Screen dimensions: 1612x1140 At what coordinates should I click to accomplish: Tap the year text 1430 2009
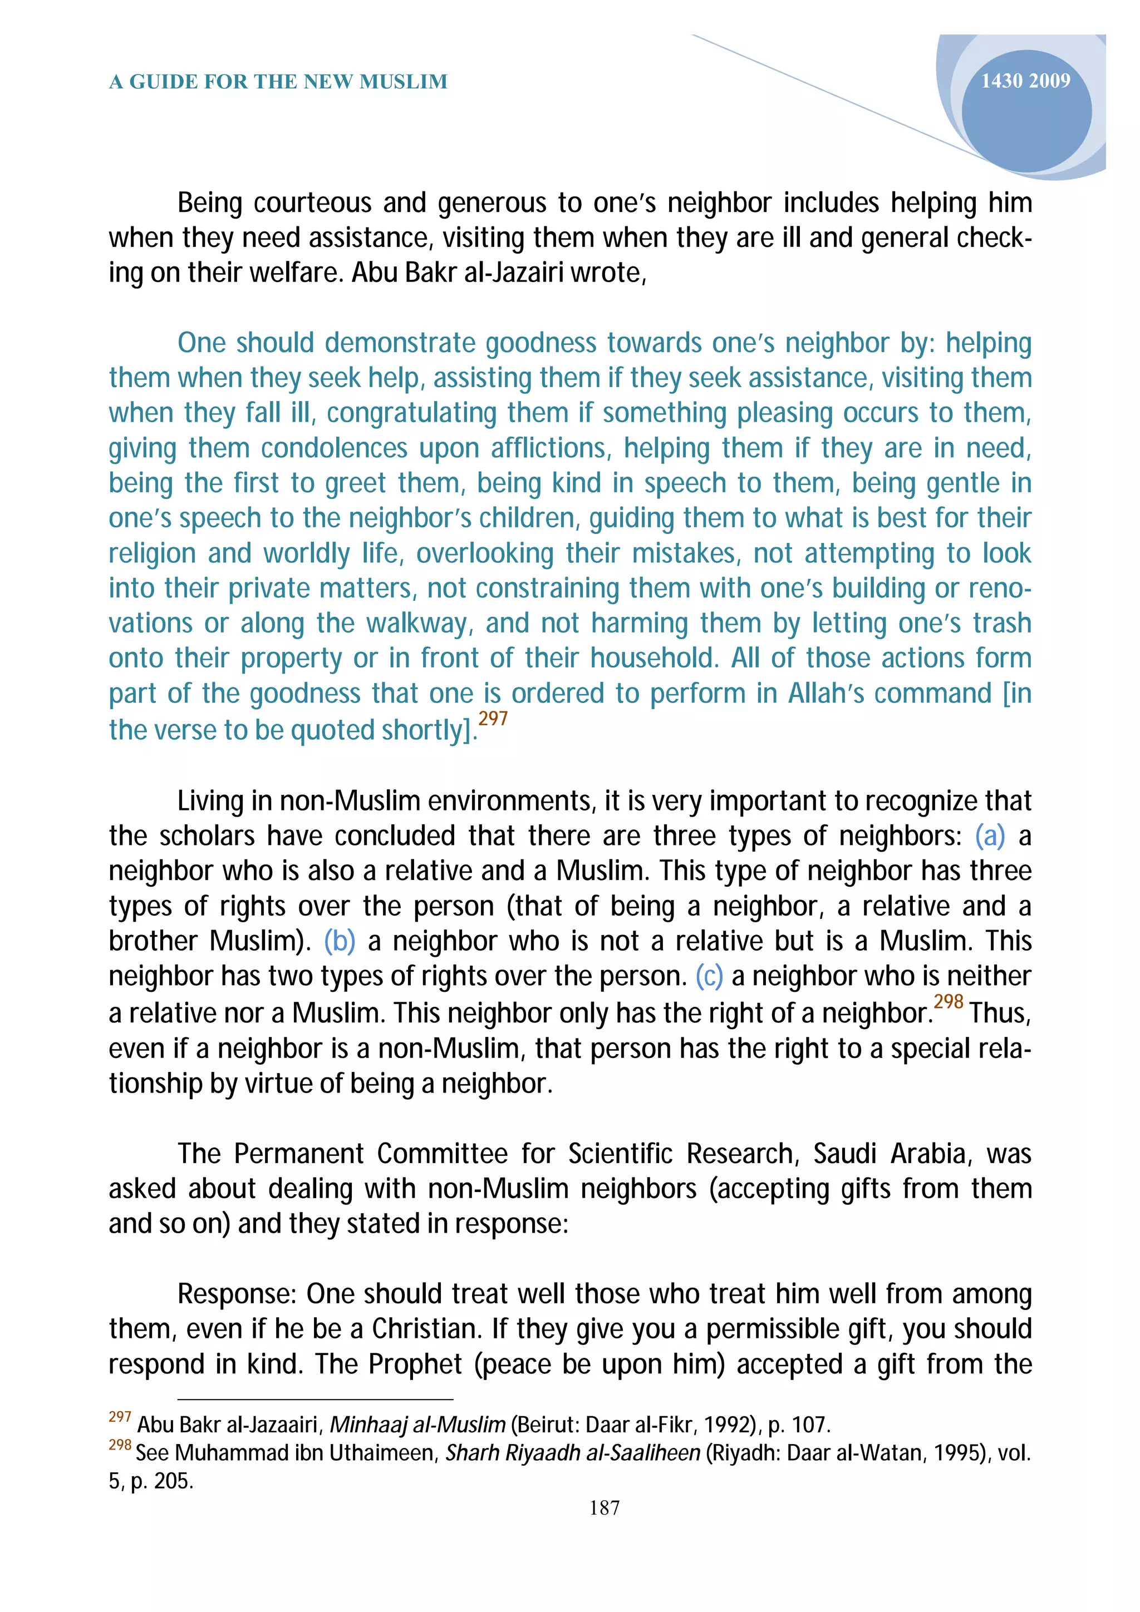tap(1025, 81)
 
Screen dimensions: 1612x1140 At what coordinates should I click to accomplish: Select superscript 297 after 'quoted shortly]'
tap(493, 719)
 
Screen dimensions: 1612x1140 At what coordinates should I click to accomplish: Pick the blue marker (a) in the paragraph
tap(990, 836)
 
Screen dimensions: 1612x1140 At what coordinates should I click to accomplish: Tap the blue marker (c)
tap(709, 976)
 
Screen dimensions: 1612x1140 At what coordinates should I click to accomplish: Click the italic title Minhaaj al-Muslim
tap(417, 1425)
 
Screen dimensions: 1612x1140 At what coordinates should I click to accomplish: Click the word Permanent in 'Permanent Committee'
tap(300, 1154)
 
